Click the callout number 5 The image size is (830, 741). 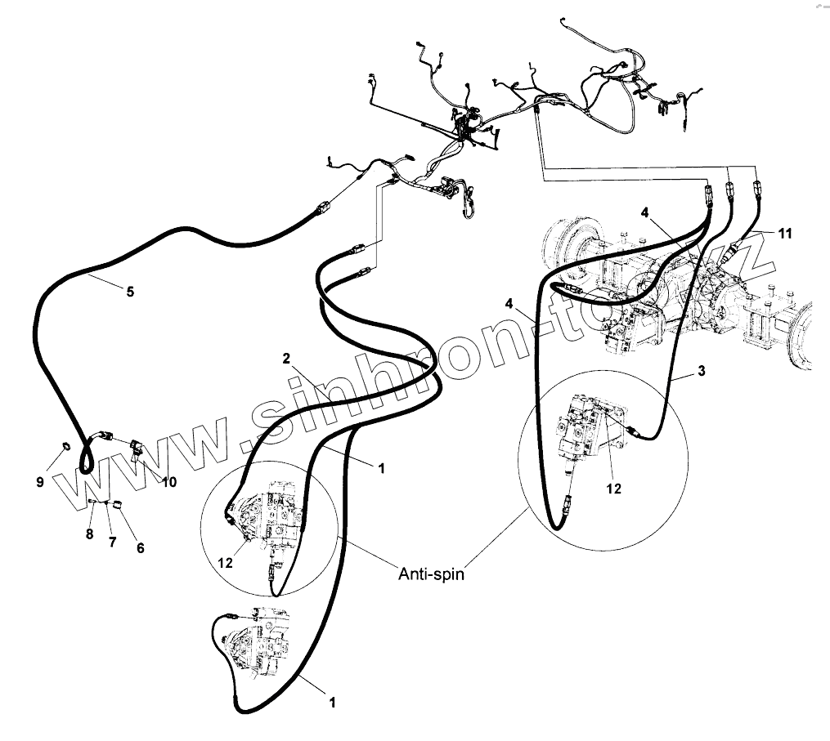coord(130,290)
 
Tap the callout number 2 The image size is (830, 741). coord(286,358)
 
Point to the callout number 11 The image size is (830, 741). coord(785,234)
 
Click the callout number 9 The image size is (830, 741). coord(39,482)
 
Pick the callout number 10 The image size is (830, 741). coord(168,482)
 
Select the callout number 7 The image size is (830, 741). coord(113,542)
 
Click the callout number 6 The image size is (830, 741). coord(140,548)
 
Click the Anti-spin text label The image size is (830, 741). coord(431,574)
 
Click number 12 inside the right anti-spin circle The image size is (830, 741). coord(613,489)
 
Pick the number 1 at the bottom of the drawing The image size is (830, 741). coord(331,701)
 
